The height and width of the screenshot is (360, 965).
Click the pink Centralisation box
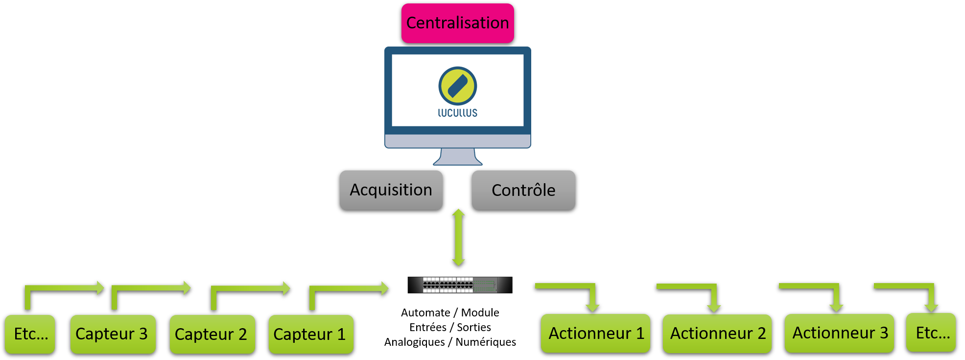coord(457,23)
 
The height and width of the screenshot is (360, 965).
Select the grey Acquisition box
coord(391,190)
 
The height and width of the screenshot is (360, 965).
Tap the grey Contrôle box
coord(523,190)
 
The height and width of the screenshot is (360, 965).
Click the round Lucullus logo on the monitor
coord(457,86)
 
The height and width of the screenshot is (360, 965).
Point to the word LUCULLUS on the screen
coord(457,113)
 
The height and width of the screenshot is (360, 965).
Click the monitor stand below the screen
coord(457,157)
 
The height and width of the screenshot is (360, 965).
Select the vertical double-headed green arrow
coord(458,238)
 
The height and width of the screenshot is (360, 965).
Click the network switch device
coord(460,285)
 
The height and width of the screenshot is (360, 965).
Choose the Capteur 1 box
coord(310,334)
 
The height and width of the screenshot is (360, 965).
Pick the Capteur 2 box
coord(212,334)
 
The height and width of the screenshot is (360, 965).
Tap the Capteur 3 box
coord(112,334)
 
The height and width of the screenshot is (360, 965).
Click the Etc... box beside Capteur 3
coord(30,334)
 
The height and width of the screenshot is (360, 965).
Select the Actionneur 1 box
coord(595,334)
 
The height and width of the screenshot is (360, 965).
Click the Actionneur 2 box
coord(717,334)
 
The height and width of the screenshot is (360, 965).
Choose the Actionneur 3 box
coord(839,333)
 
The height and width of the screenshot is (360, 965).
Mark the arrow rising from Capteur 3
coord(147,288)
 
